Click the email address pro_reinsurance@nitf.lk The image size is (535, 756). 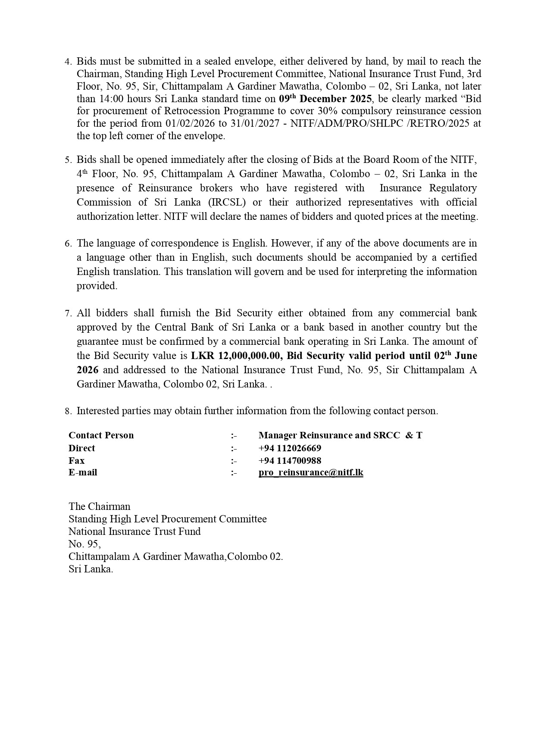(311, 472)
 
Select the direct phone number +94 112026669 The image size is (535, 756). (290, 448)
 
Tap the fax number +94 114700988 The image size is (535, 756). (290, 460)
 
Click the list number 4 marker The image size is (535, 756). (68, 62)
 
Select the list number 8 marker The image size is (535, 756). (68, 411)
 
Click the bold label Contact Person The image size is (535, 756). (101, 435)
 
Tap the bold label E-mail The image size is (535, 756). (83, 472)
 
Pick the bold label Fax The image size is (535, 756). (76, 460)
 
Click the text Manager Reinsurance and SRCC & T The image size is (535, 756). (340, 435)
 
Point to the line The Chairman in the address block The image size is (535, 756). (99, 506)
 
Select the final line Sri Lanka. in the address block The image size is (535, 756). (91, 569)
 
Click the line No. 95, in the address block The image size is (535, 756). (84, 544)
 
